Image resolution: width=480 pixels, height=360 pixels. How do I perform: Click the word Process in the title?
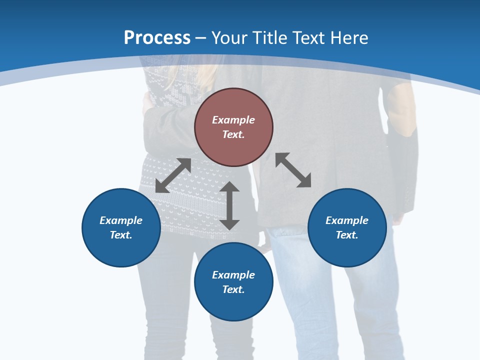coord(157,38)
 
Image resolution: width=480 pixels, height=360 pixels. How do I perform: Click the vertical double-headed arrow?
coord(229,205)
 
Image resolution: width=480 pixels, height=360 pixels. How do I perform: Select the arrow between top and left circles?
coord(173,175)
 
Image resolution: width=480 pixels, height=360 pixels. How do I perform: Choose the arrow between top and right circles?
coord(293,170)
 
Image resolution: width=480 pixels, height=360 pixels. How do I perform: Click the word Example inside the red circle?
coord(233,120)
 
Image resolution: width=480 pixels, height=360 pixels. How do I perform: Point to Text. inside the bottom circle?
coord(233,289)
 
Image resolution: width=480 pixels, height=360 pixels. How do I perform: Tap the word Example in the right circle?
coord(347,220)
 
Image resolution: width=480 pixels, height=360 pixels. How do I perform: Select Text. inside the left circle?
coord(121,235)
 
